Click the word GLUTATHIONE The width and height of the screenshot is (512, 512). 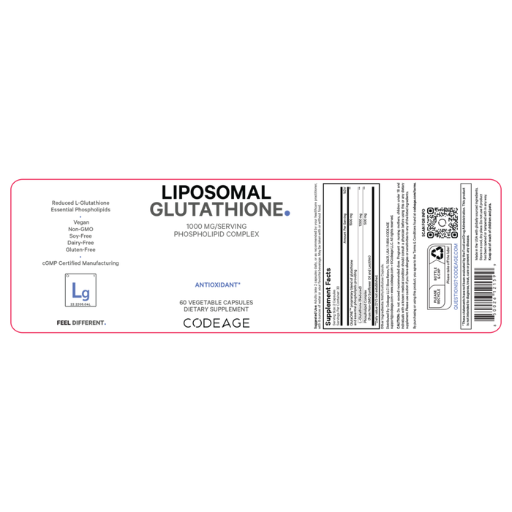[216, 210]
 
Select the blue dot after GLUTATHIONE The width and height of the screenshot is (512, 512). [287, 213]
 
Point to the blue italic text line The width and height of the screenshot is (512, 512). [217, 284]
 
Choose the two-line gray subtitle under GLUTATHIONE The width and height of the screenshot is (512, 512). [217, 231]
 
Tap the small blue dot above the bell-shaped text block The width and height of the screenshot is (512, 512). [80, 217]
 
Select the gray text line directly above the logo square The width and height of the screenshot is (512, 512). [80, 263]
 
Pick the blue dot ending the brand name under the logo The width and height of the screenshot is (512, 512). [106, 323]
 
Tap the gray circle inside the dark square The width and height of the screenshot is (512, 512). [441, 222]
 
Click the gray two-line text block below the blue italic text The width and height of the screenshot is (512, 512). [217, 304]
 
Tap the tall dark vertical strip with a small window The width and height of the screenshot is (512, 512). [360, 256]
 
